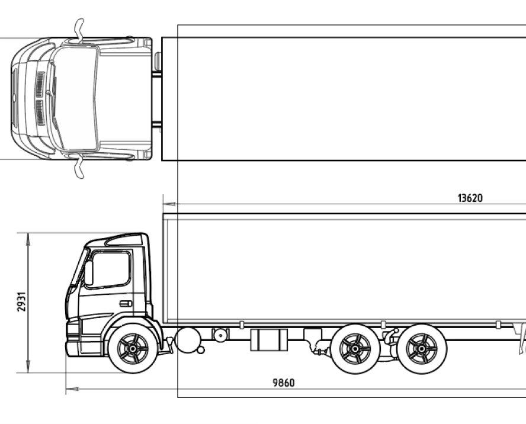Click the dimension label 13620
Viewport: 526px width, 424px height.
(x=470, y=198)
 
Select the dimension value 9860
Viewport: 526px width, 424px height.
(x=284, y=383)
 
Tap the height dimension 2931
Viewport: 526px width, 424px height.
(x=21, y=302)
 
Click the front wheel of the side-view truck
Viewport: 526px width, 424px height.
(x=133, y=349)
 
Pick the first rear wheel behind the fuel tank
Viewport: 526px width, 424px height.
(x=355, y=349)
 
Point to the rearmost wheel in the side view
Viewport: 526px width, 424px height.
(x=422, y=349)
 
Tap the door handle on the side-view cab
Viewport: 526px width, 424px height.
(x=126, y=304)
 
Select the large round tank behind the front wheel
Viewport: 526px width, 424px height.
(x=188, y=340)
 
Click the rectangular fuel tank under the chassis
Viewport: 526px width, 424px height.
(x=269, y=340)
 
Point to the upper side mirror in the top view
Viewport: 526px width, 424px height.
(x=79, y=31)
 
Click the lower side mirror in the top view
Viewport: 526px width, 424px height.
(x=79, y=167)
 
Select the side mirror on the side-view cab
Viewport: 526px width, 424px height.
(x=89, y=273)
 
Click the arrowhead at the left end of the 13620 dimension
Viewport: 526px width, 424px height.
(x=169, y=204)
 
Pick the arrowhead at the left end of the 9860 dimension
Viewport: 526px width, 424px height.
(x=72, y=389)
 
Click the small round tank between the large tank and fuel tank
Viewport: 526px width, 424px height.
(x=220, y=335)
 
